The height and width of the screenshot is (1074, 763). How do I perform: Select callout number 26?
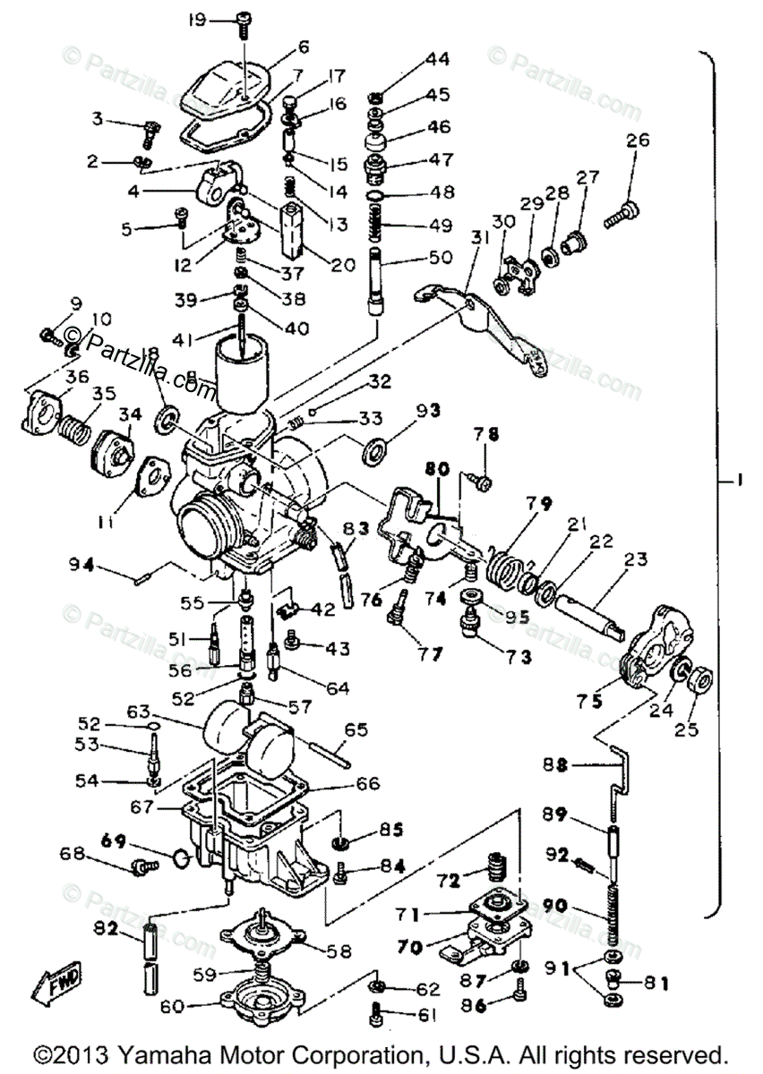(638, 141)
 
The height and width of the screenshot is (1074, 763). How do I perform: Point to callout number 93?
(427, 411)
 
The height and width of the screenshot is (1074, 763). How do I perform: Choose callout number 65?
(356, 729)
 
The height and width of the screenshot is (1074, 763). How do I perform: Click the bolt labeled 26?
(622, 211)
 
